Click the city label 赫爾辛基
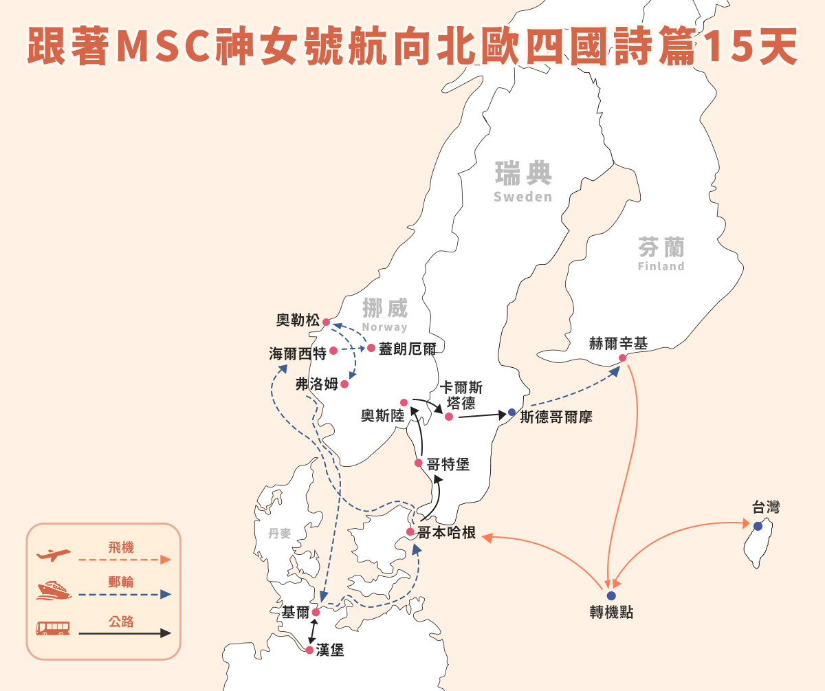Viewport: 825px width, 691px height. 618,343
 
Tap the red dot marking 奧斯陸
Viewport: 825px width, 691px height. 404,402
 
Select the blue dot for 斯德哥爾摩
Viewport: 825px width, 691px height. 511,412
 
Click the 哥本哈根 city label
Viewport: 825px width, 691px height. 447,533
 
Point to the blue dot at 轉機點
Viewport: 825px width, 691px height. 611,595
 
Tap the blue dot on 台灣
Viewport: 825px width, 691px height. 758,526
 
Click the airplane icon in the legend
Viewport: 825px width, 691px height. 54,553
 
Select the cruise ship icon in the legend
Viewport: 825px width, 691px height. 54,591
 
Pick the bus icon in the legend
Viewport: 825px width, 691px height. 53,628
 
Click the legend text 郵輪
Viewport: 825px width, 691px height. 121,582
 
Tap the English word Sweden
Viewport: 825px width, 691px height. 522,197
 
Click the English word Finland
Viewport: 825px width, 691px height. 661,266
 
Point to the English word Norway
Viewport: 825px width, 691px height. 384,327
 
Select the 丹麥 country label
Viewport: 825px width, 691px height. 280,534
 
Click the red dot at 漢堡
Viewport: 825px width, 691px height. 309,650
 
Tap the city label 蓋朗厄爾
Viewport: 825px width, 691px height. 408,349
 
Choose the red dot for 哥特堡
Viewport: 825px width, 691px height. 419,463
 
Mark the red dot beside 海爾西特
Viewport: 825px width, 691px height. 333,351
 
